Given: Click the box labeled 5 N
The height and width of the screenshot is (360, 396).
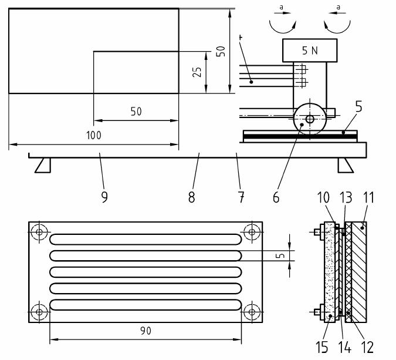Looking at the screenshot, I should coord(310,51).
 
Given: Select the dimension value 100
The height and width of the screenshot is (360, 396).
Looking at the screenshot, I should coord(93,135).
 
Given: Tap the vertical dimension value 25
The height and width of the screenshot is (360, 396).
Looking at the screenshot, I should coord(198,72).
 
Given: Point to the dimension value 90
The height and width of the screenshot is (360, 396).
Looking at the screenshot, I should coord(145,331).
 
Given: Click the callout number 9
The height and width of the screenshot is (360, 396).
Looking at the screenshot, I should coord(104,197).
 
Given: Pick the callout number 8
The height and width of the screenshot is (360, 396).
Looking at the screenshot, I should coord(191,197).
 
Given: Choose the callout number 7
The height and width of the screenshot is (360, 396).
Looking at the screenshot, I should coord(241,197).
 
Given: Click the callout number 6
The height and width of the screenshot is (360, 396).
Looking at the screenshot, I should coord(276,197).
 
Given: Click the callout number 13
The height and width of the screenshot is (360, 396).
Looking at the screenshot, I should coord(345,197).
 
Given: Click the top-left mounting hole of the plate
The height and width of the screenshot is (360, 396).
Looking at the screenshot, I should coord(39,232).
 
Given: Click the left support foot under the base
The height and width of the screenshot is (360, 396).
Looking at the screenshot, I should coord(43,166).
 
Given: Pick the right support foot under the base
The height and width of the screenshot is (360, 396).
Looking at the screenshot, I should coord(345,166).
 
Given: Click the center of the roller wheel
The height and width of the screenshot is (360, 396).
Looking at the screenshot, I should coord(309,119).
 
